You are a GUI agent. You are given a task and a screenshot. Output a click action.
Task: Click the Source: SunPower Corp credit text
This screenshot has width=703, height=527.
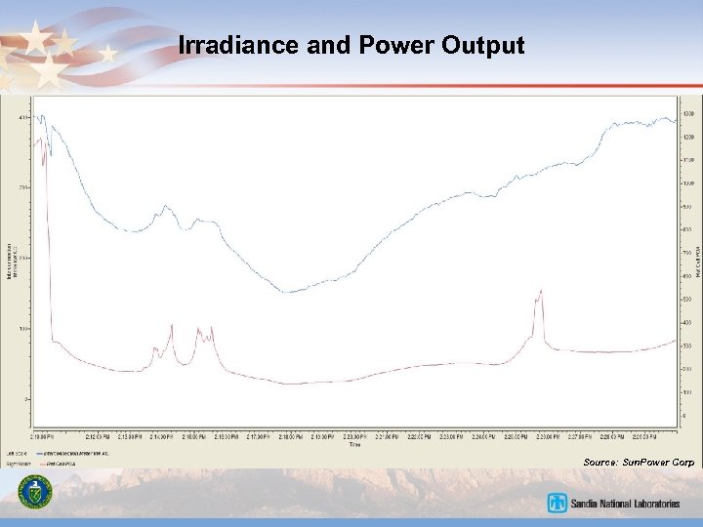(639, 461)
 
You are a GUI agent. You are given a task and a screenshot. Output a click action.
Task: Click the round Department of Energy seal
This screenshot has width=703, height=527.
(39, 493)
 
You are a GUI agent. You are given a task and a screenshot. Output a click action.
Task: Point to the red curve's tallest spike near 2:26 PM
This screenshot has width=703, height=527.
(540, 291)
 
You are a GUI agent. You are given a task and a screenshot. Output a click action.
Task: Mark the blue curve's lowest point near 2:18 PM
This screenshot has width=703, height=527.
(284, 292)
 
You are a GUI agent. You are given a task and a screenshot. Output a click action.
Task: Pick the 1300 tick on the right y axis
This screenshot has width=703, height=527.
(687, 115)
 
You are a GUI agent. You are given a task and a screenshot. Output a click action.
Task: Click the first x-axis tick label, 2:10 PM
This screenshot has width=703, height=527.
(42, 436)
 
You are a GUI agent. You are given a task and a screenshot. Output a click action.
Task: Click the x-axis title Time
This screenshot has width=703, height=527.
(353, 444)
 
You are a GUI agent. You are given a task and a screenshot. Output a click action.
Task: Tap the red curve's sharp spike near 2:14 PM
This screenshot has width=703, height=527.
(172, 325)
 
